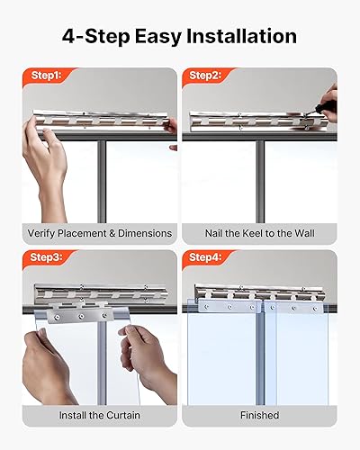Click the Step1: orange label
tap(44, 77)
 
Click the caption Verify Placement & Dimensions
tap(99, 233)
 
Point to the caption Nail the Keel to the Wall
tap(260, 233)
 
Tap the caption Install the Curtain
tap(99, 416)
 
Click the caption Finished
tap(260, 416)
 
